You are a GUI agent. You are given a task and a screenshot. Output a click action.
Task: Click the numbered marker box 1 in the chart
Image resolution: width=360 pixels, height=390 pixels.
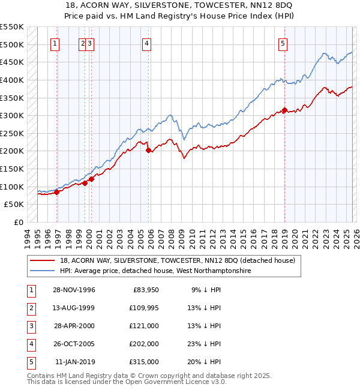(55, 43)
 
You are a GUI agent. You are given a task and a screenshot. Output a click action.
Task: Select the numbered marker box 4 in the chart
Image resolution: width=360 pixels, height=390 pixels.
(146, 43)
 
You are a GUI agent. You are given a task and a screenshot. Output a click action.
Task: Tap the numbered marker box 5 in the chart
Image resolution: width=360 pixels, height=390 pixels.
(282, 43)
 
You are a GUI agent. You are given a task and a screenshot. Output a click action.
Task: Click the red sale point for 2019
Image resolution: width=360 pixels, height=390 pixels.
(284, 110)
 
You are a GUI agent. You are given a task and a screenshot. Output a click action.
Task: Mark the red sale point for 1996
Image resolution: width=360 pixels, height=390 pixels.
(57, 192)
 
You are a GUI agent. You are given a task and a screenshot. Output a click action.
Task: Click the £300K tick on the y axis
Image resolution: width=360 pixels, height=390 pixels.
(12, 115)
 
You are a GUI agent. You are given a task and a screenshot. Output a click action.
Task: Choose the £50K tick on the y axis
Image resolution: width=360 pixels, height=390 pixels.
(14, 205)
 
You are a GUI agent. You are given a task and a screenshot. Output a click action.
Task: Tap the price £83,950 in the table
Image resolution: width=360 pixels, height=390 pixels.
(144, 290)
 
